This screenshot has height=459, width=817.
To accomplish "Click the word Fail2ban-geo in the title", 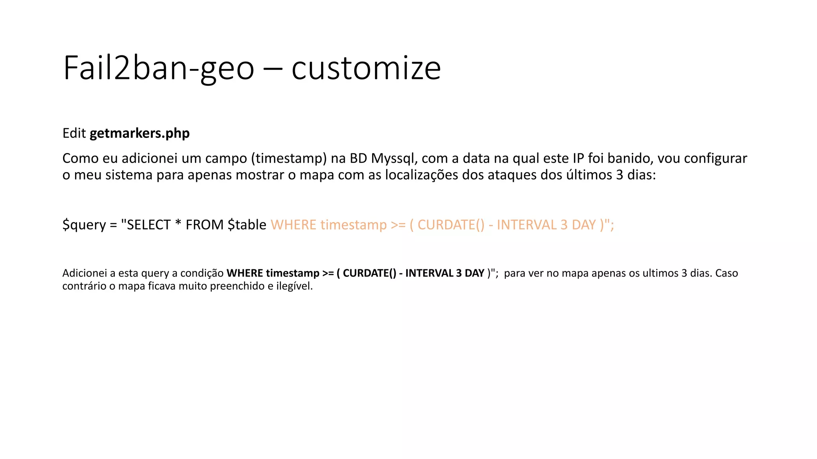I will [x=158, y=69].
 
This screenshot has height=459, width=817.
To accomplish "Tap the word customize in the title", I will [x=366, y=69].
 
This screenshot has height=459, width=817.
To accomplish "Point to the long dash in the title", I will [x=273, y=69].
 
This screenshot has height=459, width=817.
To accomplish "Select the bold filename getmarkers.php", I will [x=140, y=133].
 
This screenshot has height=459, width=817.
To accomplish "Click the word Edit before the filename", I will [x=74, y=133].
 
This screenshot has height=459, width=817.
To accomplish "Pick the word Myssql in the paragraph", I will [x=393, y=159].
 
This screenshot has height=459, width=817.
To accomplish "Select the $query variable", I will [x=84, y=225].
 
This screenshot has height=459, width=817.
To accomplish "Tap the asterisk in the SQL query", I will [x=178, y=224].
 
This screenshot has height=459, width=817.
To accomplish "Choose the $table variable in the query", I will [x=247, y=225].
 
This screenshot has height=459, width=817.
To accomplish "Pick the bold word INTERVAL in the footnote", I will [x=429, y=273].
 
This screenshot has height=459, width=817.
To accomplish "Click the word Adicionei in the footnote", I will [x=85, y=273].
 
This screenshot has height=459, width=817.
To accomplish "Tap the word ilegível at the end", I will [x=294, y=286].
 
